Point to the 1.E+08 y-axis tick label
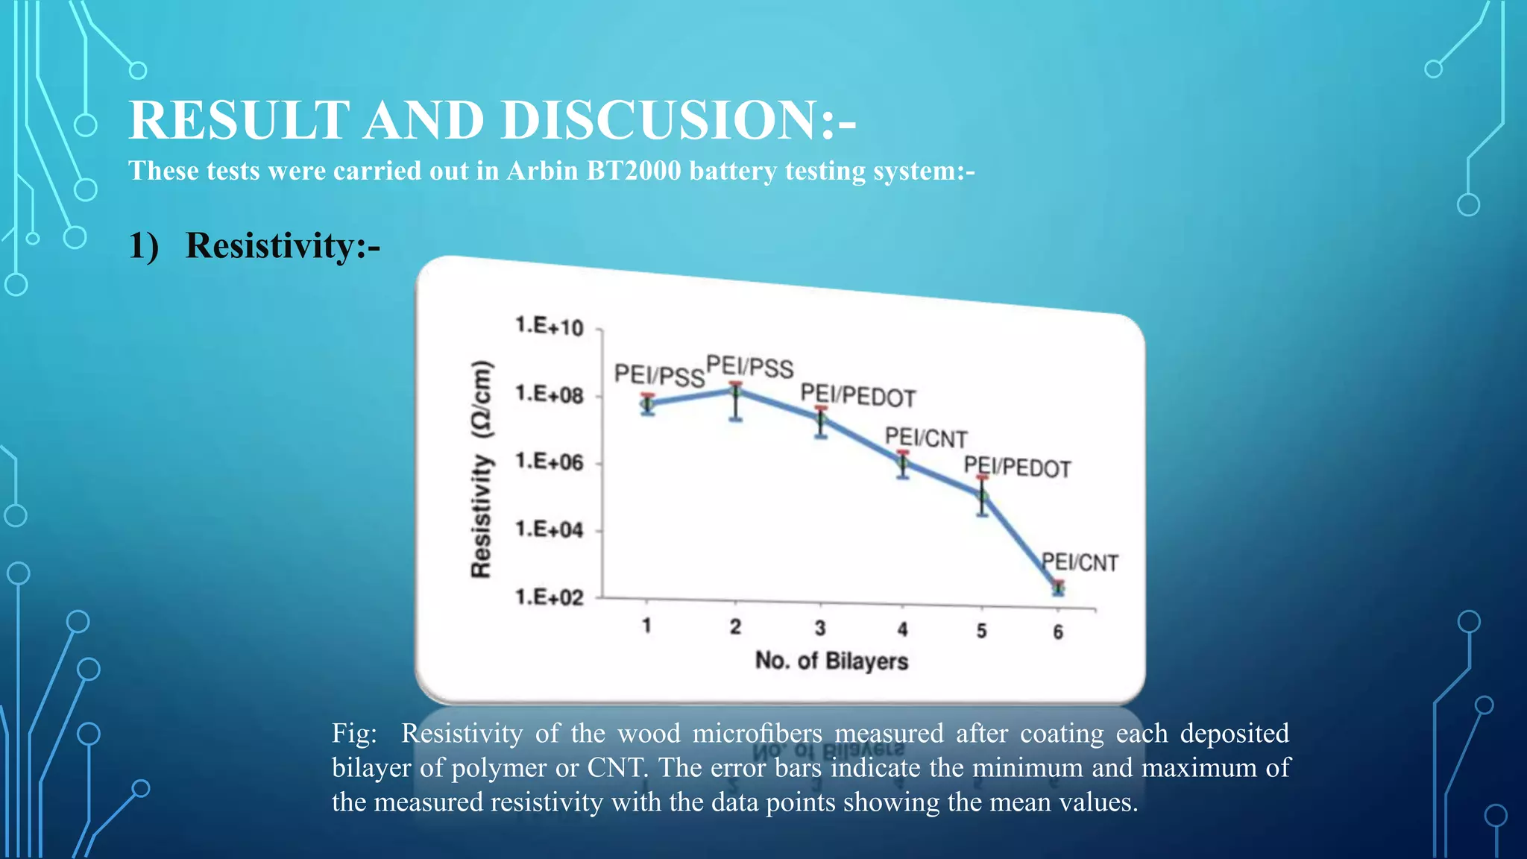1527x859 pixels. pos(550,394)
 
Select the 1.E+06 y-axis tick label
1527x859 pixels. pos(550,462)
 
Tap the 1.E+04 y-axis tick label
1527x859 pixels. pos(550,529)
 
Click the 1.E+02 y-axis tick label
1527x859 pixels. pos(550,597)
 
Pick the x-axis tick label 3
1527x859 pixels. pos(820,628)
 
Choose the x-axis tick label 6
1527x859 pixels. pos(1058,632)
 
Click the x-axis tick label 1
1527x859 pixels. pos(646,625)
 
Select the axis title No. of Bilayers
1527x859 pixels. pos(831,661)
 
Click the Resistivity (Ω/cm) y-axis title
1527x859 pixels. pos(482,468)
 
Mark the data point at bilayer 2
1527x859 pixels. pos(735,390)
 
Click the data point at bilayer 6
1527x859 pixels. pos(1058,588)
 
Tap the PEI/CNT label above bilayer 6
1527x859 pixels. pos(1080,562)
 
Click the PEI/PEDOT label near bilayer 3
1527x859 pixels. pos(857,396)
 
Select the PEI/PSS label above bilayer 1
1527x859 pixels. pos(659,374)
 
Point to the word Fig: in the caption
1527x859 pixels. pos(354,733)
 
